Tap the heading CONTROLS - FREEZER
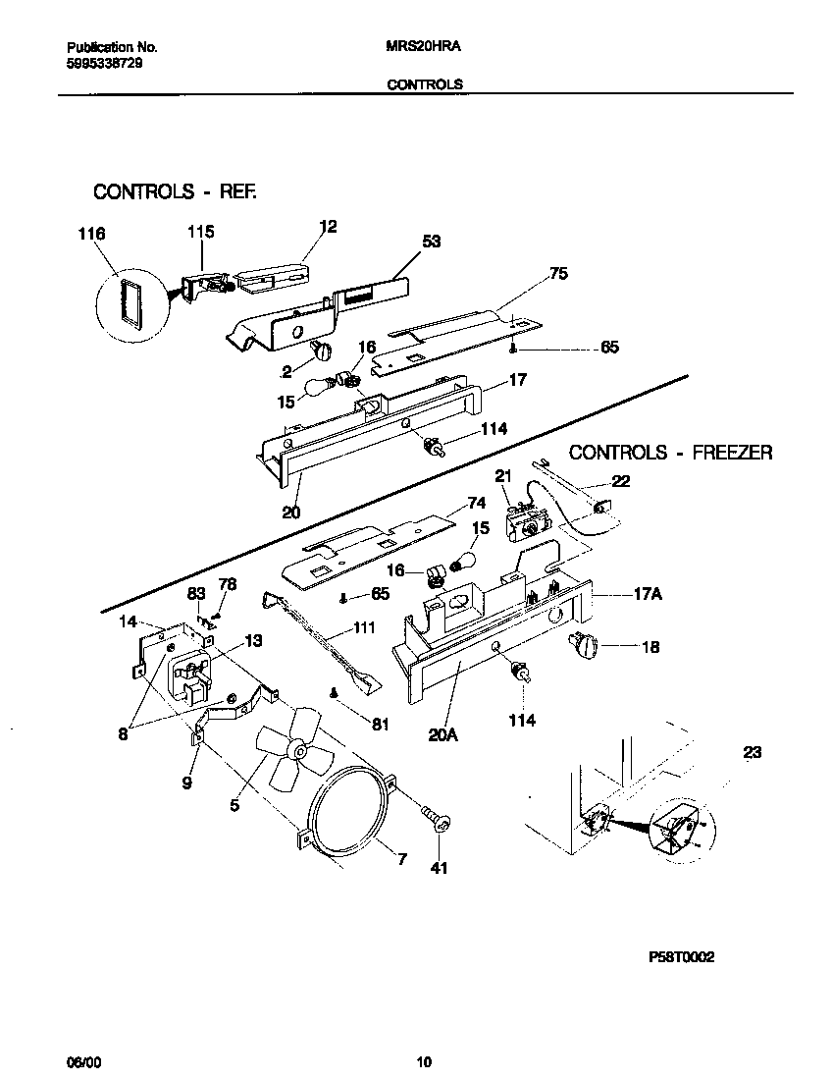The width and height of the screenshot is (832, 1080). point(670,453)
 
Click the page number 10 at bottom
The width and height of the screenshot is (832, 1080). point(424,1061)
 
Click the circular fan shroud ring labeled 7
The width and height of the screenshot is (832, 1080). point(348,805)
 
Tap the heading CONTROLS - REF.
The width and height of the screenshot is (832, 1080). point(175,191)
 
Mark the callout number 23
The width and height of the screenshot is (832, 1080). point(752,753)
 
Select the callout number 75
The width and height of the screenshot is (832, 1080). point(558,274)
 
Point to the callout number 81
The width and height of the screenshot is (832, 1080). point(380,725)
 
